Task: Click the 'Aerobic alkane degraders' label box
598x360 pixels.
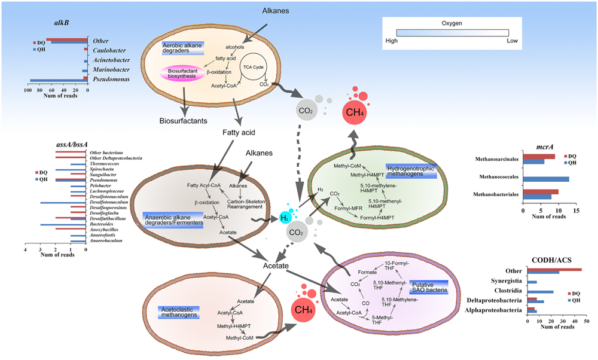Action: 183,48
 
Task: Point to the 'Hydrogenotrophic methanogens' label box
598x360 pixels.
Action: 411,171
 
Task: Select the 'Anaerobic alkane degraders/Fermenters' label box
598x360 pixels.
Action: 173,219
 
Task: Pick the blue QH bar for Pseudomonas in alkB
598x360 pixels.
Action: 58,80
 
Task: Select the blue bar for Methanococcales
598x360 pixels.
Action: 546,178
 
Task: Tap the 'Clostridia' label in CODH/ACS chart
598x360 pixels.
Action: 508,292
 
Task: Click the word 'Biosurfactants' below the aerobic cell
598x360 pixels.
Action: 183,120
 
